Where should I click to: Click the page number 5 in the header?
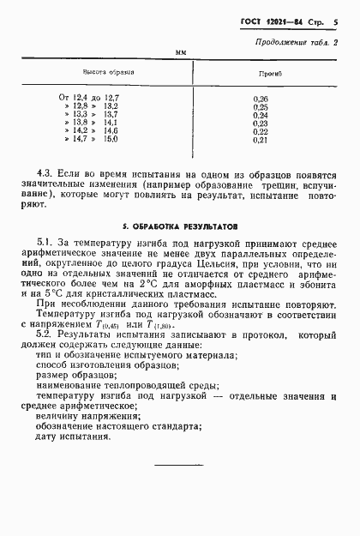point(336,21)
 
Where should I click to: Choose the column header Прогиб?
point(261,75)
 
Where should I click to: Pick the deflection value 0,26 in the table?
point(261,99)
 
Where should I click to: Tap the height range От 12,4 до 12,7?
point(88,99)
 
